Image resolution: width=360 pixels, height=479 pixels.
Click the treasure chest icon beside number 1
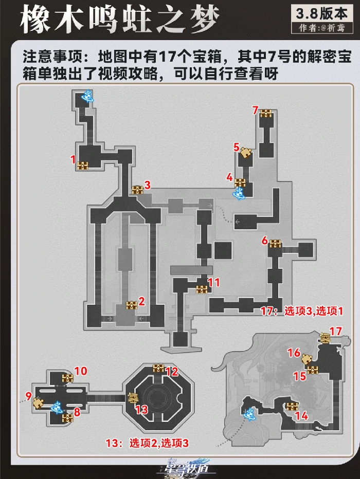tap(83, 165)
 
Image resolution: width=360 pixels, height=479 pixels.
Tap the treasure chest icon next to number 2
tap(132, 305)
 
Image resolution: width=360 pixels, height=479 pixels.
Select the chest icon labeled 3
tap(137, 189)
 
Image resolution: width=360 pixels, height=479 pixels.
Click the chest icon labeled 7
tap(266, 113)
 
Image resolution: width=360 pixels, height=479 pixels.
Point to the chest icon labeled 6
tap(276, 244)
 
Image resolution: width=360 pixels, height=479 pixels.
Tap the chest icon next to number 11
tap(202, 289)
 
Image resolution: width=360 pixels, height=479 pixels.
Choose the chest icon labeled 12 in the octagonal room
tap(159, 368)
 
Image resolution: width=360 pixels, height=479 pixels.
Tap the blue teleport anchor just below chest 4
tap(239, 193)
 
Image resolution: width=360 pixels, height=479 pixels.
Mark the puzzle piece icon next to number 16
tap(308, 358)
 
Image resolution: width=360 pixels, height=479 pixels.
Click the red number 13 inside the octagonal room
tap(141, 409)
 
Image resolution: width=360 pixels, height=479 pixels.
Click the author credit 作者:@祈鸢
tap(326, 28)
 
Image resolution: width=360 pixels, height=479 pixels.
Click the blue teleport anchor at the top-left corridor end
tap(88, 96)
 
